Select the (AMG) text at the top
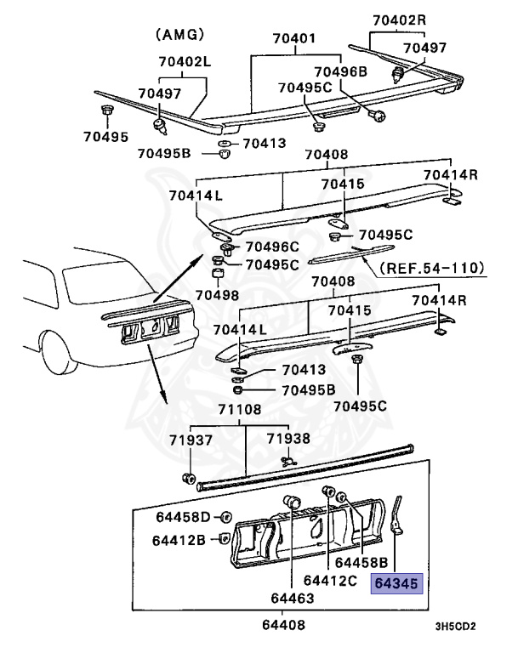[179, 34]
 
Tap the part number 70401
[293, 39]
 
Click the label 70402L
[184, 62]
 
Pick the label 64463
[293, 599]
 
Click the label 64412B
[179, 539]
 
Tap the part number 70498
[218, 294]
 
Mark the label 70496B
[340, 72]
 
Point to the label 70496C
[272, 247]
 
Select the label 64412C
[333, 581]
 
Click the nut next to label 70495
[106, 111]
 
